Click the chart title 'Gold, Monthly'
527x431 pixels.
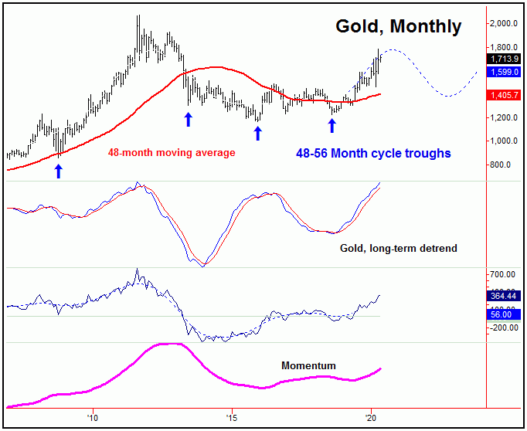click(398, 26)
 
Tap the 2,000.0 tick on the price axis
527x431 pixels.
click(505, 23)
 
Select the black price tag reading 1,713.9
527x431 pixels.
click(505, 59)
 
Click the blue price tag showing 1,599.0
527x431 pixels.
click(505, 72)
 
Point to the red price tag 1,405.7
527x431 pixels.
click(505, 95)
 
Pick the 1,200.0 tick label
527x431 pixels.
click(505, 117)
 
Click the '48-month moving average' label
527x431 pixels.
click(171, 153)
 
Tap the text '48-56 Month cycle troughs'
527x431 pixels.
click(373, 153)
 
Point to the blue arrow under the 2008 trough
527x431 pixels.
click(58, 171)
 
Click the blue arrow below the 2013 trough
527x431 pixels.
click(188, 118)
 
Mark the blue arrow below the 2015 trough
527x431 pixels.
click(257, 132)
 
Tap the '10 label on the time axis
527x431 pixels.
click(92, 416)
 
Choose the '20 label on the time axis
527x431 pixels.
click(371, 416)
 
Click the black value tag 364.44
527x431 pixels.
click(505, 296)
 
